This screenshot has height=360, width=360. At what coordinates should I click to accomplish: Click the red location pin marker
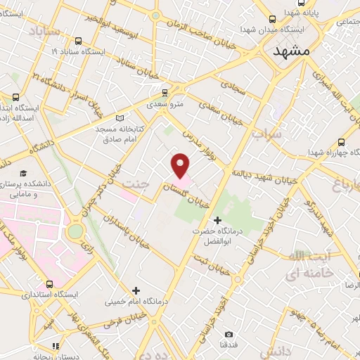tap(181, 165)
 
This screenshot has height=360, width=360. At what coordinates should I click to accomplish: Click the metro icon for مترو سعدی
tap(165, 92)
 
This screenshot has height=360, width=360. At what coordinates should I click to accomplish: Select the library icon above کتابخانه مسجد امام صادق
tap(119, 117)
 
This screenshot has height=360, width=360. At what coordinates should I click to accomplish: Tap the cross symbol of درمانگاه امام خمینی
tap(136, 290)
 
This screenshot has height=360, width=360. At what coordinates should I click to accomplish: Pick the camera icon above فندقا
tap(229, 334)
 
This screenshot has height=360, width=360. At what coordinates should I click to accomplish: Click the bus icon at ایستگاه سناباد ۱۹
tap(77, 41)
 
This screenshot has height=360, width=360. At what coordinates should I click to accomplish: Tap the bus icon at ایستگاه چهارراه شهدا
tap(341, 140)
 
